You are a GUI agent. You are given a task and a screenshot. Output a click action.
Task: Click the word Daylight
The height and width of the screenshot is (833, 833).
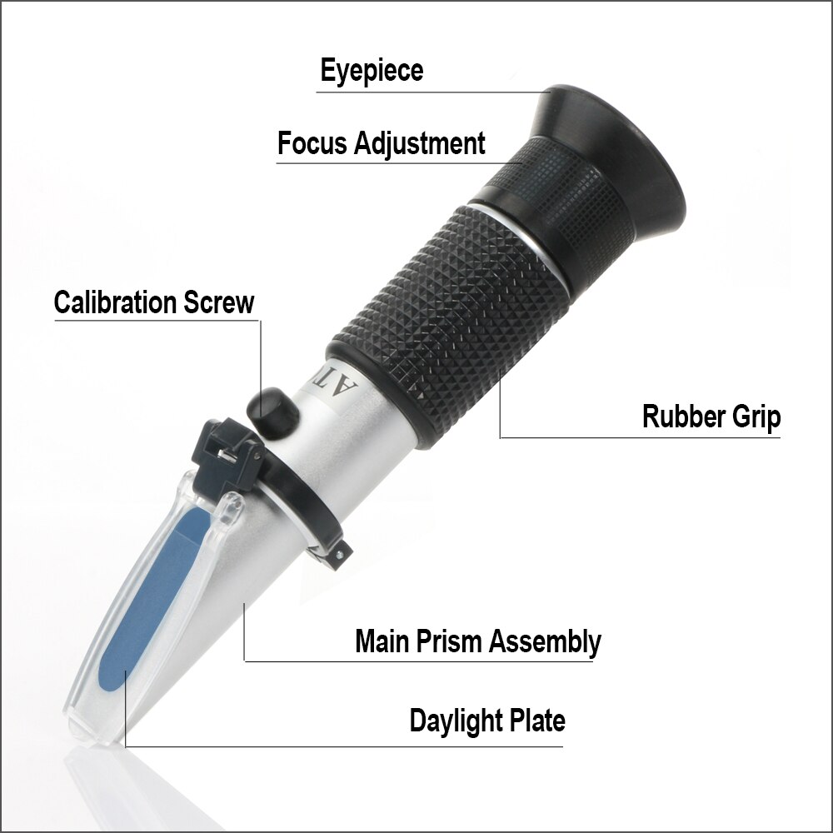point(458,720)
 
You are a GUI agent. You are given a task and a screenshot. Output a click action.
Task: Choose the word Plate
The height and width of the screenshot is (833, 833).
point(539,720)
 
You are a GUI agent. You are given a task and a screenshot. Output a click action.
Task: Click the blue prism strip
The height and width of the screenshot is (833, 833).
point(146,600)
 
